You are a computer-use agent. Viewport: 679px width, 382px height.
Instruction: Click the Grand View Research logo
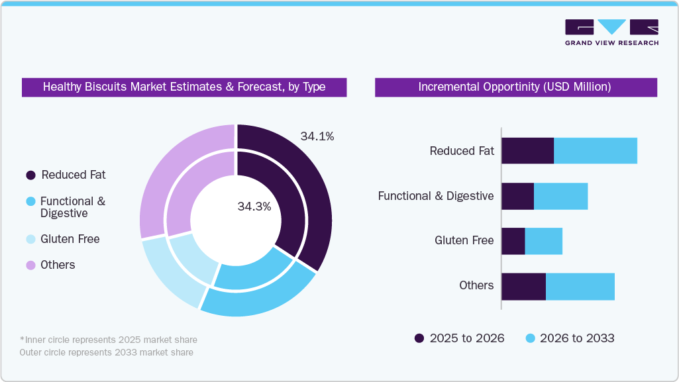click(611, 32)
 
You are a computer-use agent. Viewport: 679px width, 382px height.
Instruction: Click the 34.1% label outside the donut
click(317, 137)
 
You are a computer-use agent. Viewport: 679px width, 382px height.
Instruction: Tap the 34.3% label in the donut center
click(254, 207)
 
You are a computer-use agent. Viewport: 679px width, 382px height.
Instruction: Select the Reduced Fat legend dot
click(30, 175)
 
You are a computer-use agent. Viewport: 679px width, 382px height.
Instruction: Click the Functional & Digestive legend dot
click(30, 201)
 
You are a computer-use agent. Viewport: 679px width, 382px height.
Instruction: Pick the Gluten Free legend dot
click(30, 240)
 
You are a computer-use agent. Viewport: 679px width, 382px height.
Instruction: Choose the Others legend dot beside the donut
click(30, 265)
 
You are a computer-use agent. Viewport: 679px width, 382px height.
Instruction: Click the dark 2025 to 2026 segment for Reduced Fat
click(527, 151)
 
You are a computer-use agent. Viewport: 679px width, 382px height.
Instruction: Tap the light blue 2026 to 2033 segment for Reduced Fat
click(595, 151)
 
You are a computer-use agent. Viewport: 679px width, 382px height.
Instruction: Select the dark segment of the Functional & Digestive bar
click(517, 197)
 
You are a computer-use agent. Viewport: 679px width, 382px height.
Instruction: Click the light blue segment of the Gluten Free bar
click(543, 241)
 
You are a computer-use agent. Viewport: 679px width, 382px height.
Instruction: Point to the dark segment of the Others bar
click(523, 286)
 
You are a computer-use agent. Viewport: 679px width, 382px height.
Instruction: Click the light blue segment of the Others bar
click(580, 286)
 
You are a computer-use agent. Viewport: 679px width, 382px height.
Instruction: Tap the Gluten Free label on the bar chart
click(464, 240)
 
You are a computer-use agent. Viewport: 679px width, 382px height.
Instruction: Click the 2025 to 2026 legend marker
click(419, 338)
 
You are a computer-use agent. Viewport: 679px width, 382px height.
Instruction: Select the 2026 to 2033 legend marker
click(530, 338)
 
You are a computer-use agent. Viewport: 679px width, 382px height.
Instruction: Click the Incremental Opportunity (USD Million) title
click(515, 87)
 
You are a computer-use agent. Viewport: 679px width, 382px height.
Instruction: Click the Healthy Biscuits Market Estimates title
click(184, 87)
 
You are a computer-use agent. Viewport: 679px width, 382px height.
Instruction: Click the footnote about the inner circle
click(109, 340)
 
